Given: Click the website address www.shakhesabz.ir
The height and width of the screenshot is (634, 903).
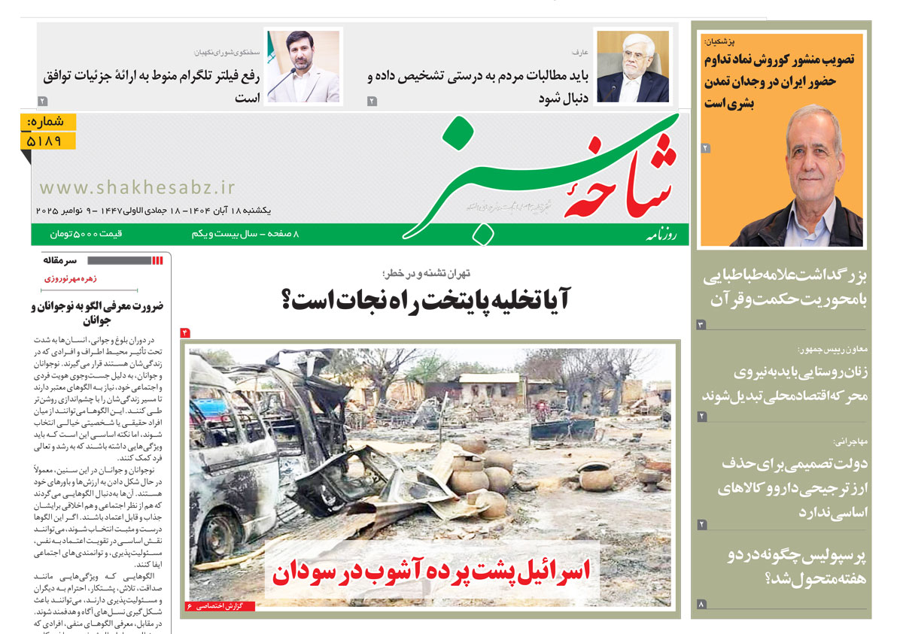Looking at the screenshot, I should point(138,187).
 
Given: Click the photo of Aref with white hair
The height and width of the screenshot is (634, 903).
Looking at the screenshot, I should point(631,66).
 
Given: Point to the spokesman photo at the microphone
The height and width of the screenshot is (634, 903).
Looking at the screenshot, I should point(303,66).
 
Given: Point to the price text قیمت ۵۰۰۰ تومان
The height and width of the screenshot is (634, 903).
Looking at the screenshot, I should point(87,235).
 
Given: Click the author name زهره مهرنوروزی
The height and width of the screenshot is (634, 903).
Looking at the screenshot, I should point(69,278).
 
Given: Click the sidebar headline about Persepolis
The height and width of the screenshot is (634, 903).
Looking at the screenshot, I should point(796,566).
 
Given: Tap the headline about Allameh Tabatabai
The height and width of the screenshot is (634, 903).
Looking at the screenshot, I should point(785,287).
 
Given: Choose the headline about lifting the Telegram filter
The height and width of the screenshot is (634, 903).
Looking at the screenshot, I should point(151,86).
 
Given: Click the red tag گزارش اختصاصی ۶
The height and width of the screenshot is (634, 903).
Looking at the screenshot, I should point(219,605).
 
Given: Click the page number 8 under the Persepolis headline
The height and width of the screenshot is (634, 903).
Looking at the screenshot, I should point(701,604).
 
